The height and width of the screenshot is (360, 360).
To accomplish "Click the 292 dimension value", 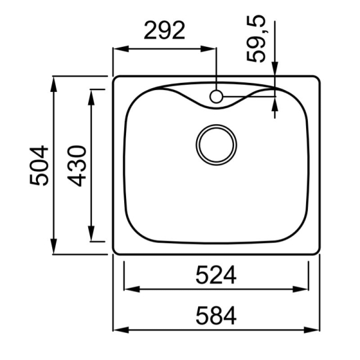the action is pyautogui.click(x=164, y=31).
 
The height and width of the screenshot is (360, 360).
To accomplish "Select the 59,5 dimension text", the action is pyautogui.click(x=256, y=38).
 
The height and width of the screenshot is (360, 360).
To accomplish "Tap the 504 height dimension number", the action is pyautogui.click(x=39, y=166).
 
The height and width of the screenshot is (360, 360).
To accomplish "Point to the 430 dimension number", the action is pyautogui.click(x=77, y=166).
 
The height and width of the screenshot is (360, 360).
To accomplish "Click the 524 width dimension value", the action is pyautogui.click(x=216, y=275).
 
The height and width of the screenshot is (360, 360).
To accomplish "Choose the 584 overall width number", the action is pyautogui.click(x=216, y=316).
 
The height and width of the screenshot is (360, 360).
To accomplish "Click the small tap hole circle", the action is pyautogui.click(x=216, y=97).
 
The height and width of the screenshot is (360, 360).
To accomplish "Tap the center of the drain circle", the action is pyautogui.click(x=216, y=145).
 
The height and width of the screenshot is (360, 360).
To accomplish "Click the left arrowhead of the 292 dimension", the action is pyautogui.click(x=121, y=49).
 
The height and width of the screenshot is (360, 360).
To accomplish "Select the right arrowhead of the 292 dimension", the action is pyautogui.click(x=208, y=49).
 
